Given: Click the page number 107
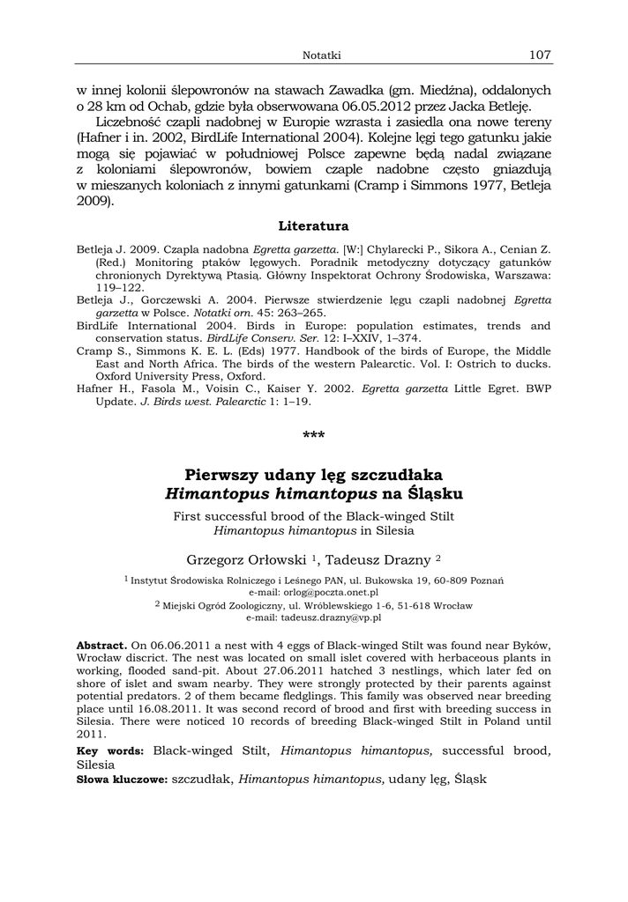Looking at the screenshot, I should coord(540,55).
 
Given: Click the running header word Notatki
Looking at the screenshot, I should coord(321,55).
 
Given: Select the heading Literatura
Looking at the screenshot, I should coord(313,226).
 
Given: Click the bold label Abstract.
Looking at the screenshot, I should coord(101,646).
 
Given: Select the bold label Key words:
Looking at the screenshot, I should coord(111,751).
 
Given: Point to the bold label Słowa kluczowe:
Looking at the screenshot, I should coord(122,780).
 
